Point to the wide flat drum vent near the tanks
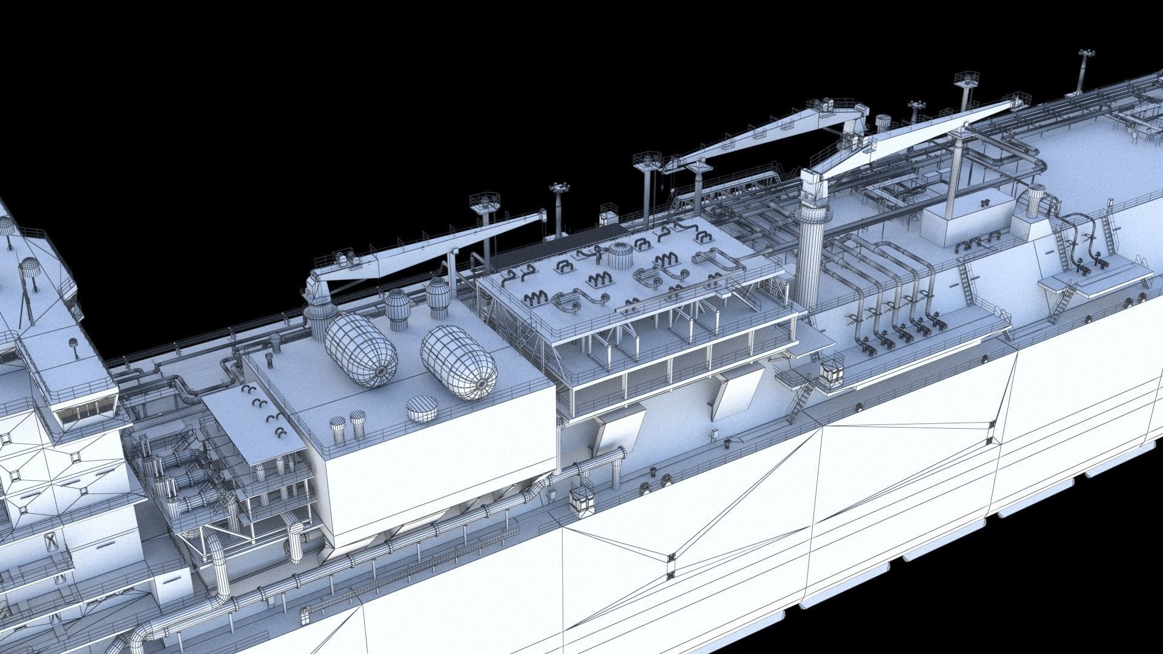422,409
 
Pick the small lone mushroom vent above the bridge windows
75,346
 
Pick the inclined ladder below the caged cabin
799,400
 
